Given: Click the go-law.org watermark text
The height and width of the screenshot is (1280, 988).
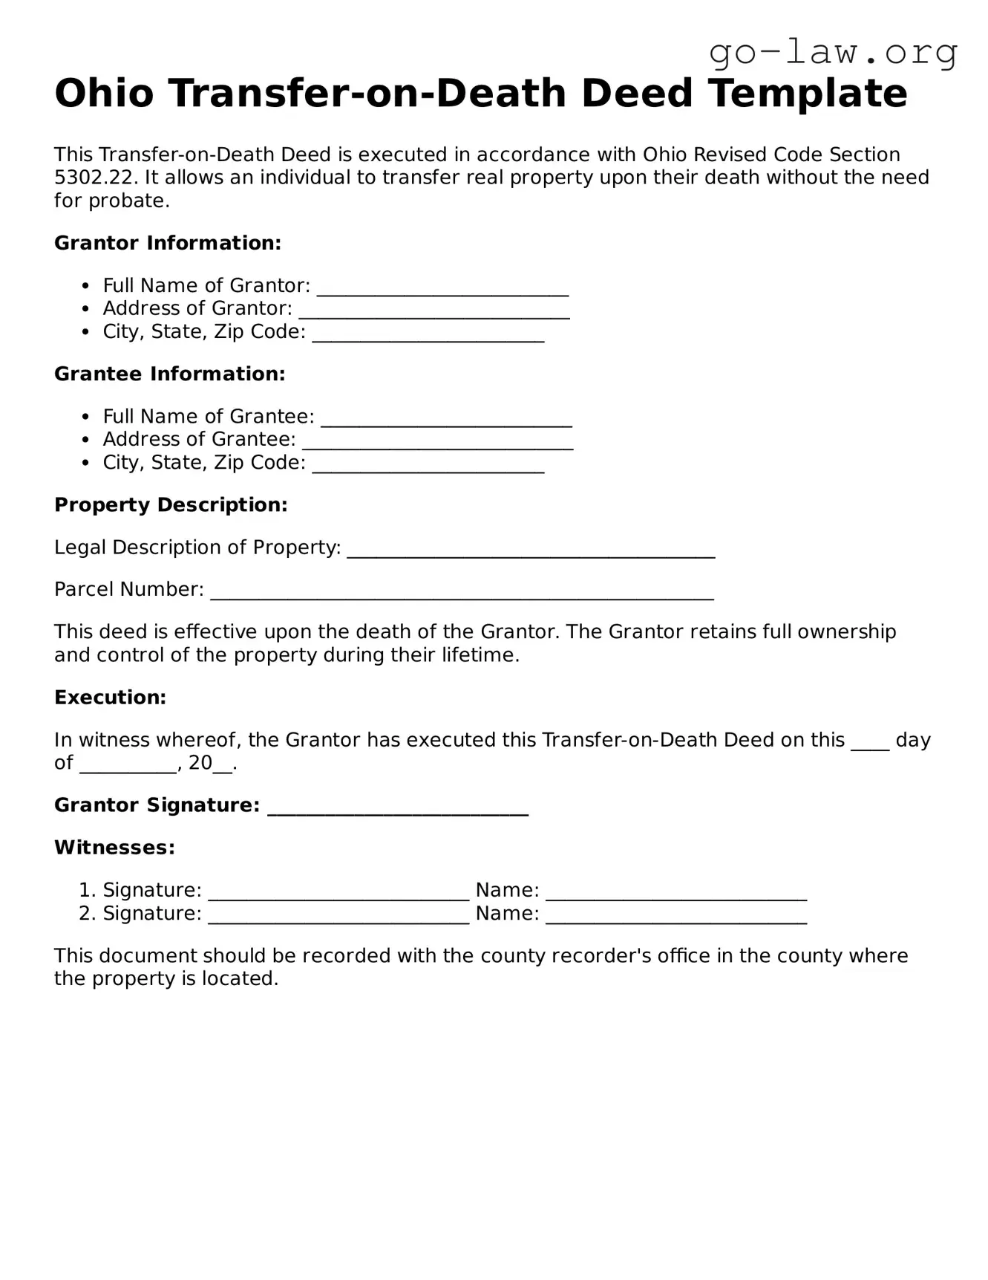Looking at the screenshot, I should point(833,53).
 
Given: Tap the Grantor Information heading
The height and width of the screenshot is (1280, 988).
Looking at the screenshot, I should point(168,243).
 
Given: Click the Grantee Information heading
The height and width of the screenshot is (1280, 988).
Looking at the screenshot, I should point(169,374).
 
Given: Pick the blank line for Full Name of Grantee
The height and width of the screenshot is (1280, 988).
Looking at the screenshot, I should point(446,419).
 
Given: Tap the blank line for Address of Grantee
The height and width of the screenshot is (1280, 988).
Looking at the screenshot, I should point(438,442).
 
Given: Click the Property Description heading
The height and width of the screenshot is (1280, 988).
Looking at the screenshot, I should point(171,505).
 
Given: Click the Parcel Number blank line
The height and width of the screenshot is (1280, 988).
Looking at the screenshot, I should point(462,592).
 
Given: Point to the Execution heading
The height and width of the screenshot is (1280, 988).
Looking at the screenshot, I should point(110,698).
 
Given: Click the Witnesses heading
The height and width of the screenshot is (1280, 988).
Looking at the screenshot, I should point(114,848).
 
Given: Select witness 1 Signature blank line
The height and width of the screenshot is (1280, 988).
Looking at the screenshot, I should point(338,893).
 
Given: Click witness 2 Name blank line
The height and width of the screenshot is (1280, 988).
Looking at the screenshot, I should point(676,916).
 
